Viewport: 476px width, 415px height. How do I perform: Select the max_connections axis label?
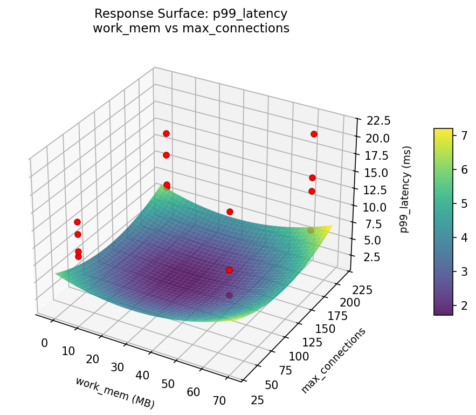(x=333, y=360)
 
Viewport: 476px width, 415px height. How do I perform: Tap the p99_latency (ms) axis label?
(x=410, y=189)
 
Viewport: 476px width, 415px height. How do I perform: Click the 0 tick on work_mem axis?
(x=44, y=343)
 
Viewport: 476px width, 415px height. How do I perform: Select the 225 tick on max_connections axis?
(x=362, y=290)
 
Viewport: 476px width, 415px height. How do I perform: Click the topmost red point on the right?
(x=314, y=134)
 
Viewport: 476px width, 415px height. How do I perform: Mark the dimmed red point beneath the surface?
(x=229, y=295)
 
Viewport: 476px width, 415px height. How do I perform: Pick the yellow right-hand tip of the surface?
(x=330, y=226)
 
